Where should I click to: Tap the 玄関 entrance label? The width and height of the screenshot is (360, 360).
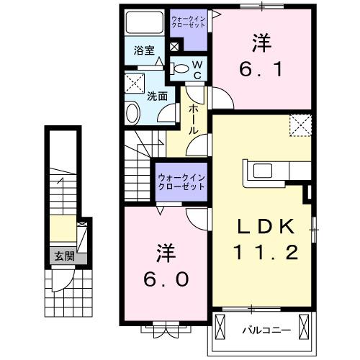(x=60, y=255)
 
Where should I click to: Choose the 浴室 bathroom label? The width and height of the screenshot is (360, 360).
(x=143, y=50)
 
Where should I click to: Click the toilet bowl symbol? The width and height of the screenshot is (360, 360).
(x=183, y=70)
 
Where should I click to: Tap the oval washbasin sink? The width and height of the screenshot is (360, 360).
(x=133, y=112)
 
